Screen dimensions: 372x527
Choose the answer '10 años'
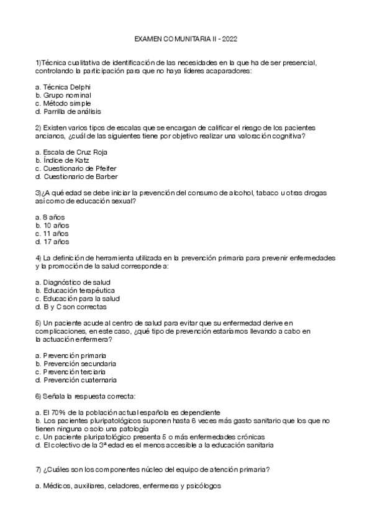(x=57, y=225)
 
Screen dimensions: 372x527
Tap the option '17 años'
(x=57, y=242)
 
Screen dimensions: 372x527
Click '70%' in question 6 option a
(x=59, y=412)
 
